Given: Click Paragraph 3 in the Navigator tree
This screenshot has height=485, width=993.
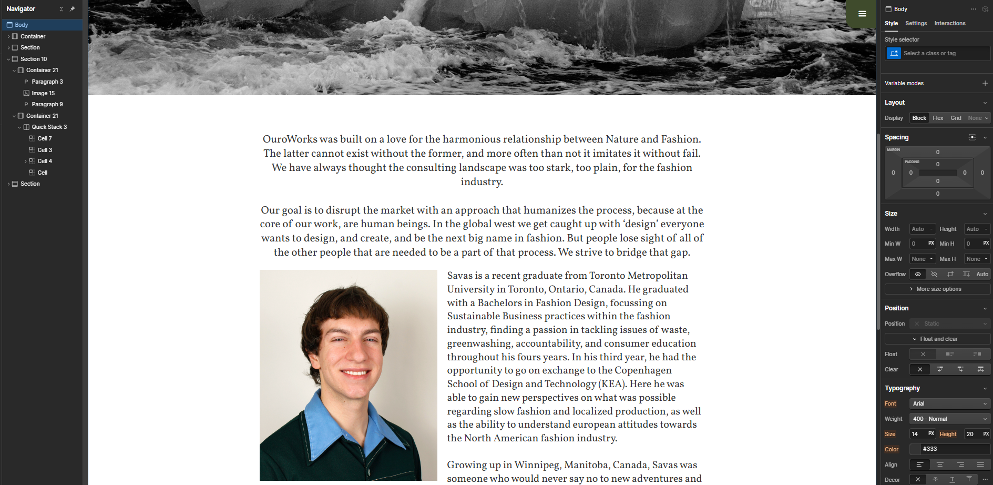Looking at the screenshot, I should (47, 82).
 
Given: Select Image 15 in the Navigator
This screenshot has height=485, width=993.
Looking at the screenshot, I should (43, 93).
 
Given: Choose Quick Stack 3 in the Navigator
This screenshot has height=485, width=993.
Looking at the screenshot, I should (49, 127).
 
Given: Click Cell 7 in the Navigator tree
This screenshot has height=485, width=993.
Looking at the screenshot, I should (44, 138).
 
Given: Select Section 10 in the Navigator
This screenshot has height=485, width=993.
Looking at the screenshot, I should (33, 59).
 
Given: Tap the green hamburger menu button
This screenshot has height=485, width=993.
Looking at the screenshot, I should (862, 14).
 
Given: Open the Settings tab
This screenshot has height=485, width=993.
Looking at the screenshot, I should (916, 23).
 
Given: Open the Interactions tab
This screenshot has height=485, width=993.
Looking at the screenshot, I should (949, 23).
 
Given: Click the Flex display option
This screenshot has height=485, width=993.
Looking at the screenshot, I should (938, 118).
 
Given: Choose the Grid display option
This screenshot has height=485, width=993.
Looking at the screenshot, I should (956, 118).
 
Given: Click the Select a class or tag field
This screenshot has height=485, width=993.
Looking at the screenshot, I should (945, 53).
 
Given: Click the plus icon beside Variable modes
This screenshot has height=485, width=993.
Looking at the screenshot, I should (985, 83).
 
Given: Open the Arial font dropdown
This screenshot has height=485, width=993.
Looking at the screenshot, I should (949, 403).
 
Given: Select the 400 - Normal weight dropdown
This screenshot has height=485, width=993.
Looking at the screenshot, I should (949, 419).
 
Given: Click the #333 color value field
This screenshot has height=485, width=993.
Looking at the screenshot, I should (955, 449).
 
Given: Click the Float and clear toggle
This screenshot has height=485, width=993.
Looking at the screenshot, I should (938, 339).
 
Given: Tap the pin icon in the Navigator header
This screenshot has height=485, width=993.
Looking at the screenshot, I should (73, 9).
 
